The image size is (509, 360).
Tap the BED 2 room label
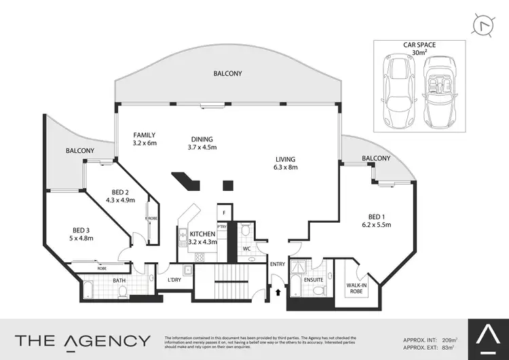[x=120, y=196]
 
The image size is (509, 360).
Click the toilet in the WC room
[x=245, y=232]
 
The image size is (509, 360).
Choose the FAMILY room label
[x=145, y=139]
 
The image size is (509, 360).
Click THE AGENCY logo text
[x=83, y=340]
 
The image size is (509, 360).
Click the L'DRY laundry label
[x=173, y=280]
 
